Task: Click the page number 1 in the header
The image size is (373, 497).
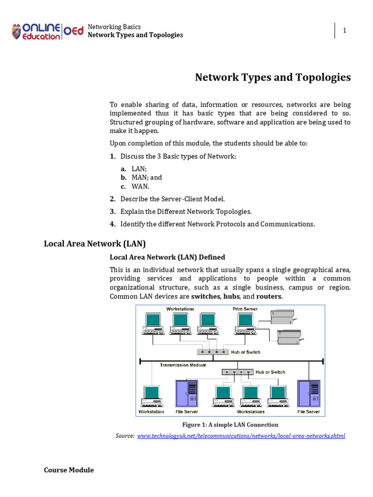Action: click(x=344, y=31)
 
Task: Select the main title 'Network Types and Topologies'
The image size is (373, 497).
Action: click(x=272, y=78)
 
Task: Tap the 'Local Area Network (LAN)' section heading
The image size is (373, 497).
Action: click(x=95, y=243)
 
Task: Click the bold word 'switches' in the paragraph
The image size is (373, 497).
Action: click(x=205, y=297)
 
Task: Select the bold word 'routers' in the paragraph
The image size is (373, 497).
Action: click(x=269, y=297)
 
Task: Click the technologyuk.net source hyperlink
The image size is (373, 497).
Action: click(x=241, y=436)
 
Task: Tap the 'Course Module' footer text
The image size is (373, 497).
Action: click(x=68, y=470)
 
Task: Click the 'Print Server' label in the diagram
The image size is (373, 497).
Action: click(x=245, y=309)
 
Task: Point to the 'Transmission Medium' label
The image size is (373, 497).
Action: click(x=183, y=365)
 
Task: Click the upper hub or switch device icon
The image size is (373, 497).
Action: click(x=212, y=351)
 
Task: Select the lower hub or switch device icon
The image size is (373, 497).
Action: click(x=237, y=372)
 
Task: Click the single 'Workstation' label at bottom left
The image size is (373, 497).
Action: click(x=152, y=412)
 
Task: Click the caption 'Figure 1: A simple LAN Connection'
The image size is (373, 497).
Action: click(x=230, y=425)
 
